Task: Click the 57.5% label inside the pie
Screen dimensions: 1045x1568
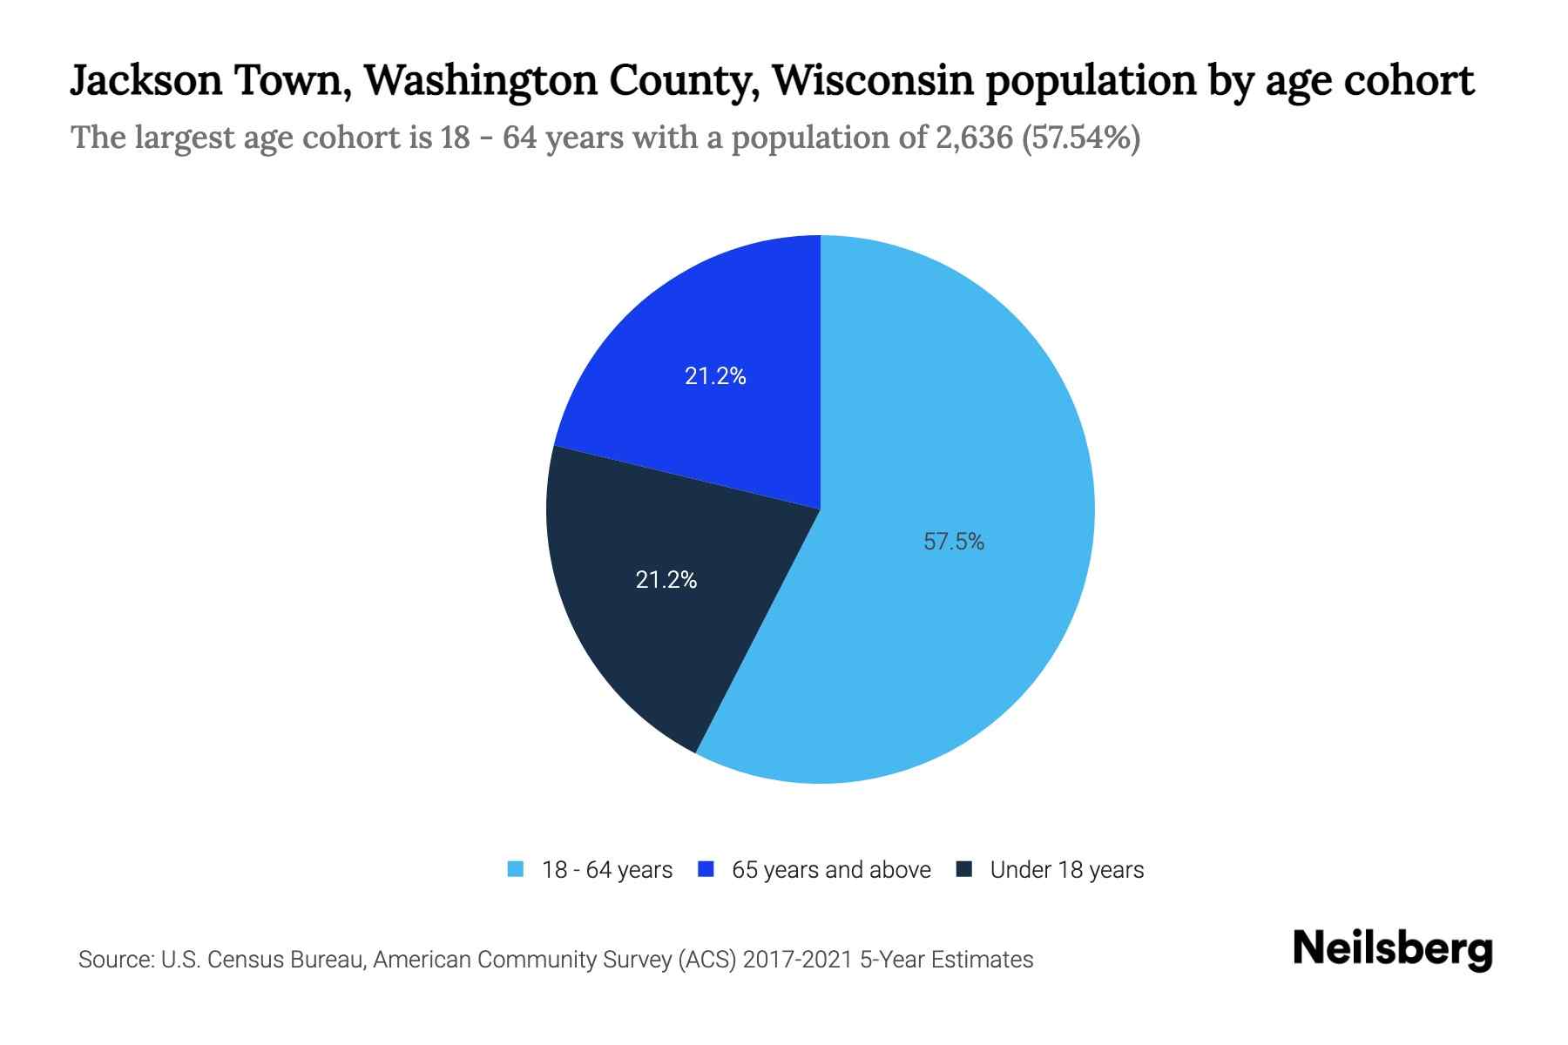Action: click(954, 542)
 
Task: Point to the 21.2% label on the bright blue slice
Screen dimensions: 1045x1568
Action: click(715, 376)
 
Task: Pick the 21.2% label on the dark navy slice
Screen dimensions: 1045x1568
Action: click(666, 580)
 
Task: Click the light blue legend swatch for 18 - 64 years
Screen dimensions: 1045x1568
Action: click(516, 869)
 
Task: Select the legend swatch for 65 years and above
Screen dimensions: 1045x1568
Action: click(706, 869)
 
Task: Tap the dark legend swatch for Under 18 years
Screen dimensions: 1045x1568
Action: click(964, 869)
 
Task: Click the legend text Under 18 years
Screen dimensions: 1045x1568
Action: click(1067, 870)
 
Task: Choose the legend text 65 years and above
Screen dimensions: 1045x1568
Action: click(831, 870)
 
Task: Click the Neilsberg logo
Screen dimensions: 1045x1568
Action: click(1392, 949)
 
